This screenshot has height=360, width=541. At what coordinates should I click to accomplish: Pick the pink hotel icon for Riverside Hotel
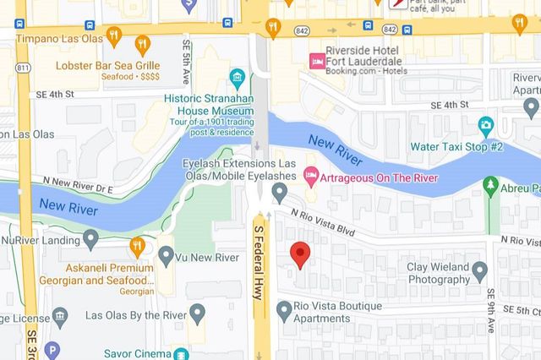tap(316, 60)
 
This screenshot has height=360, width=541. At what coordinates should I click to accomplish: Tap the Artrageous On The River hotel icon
tap(310, 173)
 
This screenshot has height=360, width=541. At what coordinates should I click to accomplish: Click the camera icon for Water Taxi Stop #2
tap(485, 126)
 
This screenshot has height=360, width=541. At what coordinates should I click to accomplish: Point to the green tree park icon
tap(489, 184)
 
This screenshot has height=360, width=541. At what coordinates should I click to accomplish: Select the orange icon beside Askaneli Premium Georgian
tap(138, 246)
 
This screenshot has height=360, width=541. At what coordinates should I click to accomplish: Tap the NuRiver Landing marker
tap(91, 240)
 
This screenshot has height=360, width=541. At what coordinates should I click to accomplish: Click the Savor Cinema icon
tap(180, 353)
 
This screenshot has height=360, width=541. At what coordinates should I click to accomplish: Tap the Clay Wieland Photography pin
tap(479, 271)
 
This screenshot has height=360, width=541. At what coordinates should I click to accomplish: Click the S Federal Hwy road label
tap(260, 262)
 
